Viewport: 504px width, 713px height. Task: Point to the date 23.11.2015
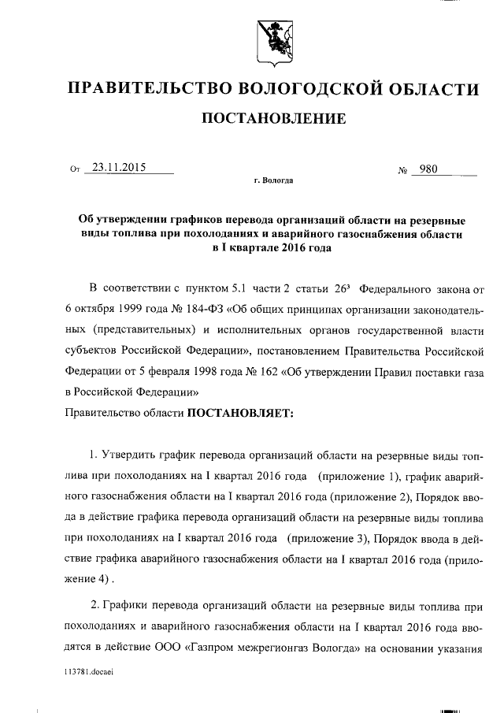coord(119,167)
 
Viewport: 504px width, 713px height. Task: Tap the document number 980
coord(429,167)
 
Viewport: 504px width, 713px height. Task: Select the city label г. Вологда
coord(274,180)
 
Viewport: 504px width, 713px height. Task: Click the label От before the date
coord(76,169)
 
